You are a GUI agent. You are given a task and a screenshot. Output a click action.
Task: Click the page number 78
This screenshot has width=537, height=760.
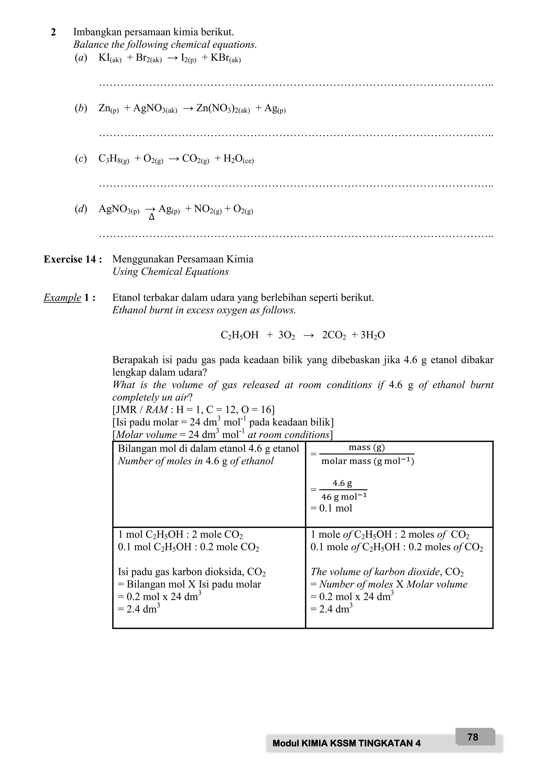coord(472,737)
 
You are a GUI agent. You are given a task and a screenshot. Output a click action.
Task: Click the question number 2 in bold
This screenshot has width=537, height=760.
coord(53,33)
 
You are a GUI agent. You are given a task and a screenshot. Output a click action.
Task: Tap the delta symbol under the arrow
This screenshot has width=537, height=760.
coord(152,218)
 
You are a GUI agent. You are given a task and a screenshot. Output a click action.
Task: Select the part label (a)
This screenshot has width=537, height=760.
coord(81,58)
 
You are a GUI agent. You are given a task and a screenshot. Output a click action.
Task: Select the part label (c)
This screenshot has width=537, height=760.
coord(81,159)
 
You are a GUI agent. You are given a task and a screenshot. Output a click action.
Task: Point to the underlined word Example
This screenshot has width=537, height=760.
coord(62,298)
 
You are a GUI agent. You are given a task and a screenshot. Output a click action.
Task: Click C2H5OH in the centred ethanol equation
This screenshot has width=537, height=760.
coord(239,335)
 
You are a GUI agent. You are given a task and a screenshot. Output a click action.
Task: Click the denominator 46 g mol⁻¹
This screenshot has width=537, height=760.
coord(344,497)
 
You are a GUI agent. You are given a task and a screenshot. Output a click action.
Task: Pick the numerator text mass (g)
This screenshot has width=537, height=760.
coord(367,447)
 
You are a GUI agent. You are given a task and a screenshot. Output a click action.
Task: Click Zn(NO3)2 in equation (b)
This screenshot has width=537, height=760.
coord(223,109)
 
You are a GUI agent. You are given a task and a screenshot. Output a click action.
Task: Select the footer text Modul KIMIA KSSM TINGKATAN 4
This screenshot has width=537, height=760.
coord(347,743)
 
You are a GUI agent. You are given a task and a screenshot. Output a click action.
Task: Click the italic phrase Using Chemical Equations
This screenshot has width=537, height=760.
coord(170,272)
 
